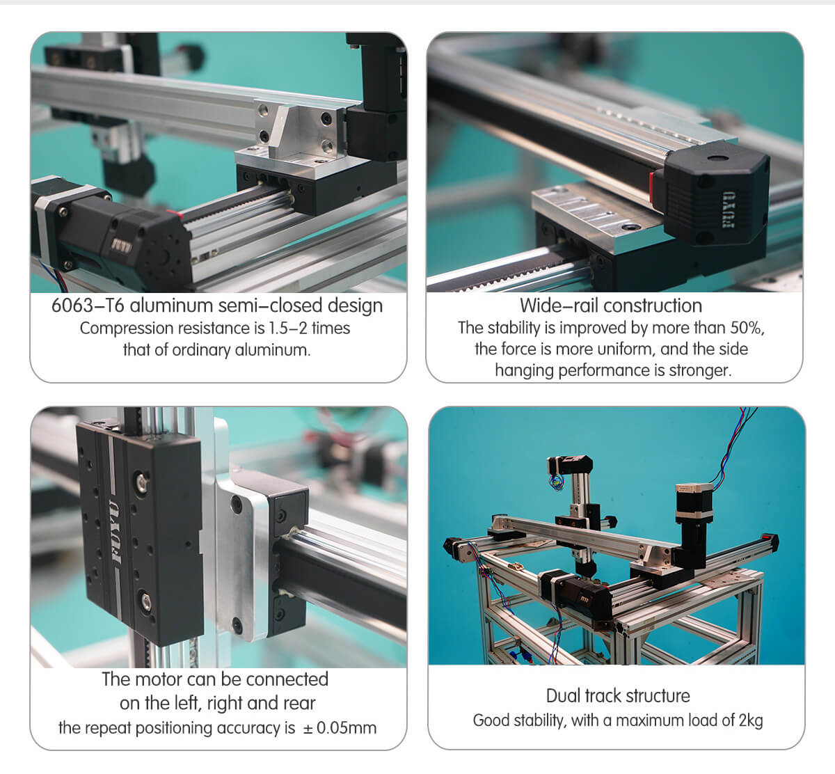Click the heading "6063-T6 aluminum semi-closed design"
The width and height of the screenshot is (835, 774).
tap(217, 306)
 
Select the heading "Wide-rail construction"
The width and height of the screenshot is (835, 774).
tap(611, 306)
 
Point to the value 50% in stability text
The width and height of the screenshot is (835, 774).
tap(747, 328)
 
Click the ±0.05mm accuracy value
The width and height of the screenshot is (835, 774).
tap(341, 728)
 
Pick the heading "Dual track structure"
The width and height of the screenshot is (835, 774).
tap(618, 696)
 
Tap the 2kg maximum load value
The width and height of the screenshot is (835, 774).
tap(750, 720)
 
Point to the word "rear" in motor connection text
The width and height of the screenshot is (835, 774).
tap(299, 704)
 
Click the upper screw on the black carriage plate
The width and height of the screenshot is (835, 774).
tap(144, 480)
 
